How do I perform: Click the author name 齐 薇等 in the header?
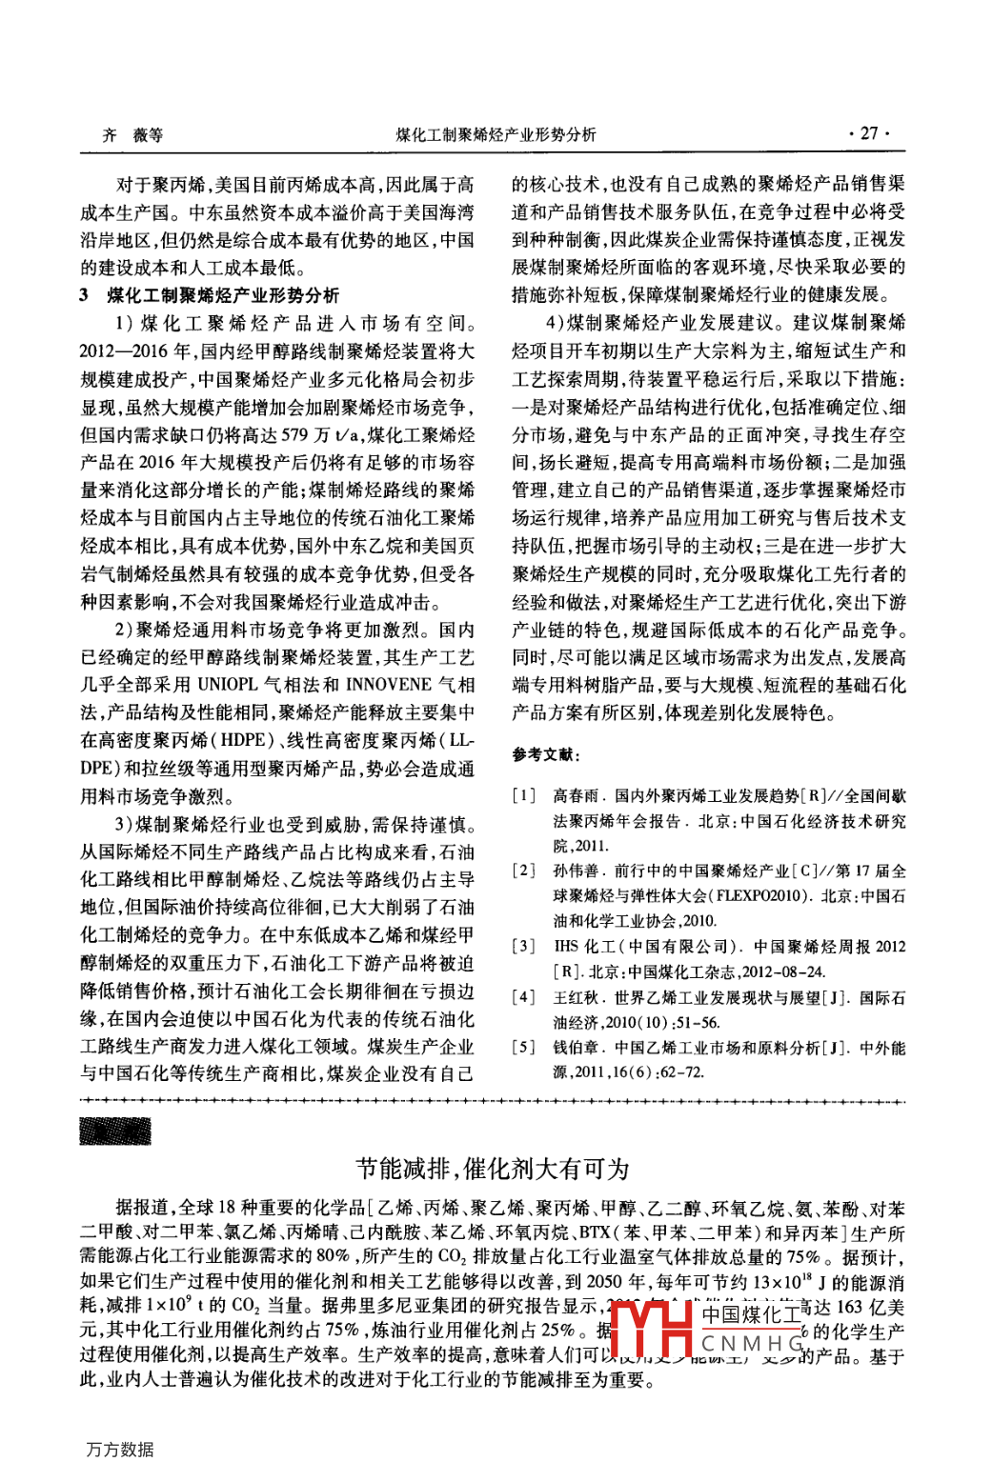point(132,135)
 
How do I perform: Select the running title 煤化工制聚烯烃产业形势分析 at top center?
point(496,135)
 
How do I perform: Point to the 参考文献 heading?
point(545,754)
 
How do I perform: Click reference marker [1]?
point(523,795)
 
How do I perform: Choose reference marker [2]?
point(523,871)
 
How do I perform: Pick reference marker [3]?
point(523,947)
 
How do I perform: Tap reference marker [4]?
point(523,997)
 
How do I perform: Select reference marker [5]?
point(523,1048)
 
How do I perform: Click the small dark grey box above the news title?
point(115,1131)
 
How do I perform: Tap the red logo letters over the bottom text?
point(651,1328)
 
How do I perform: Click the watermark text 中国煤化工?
point(752,1315)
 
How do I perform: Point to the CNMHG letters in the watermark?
point(752,1344)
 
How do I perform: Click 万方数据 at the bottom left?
point(119,1450)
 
